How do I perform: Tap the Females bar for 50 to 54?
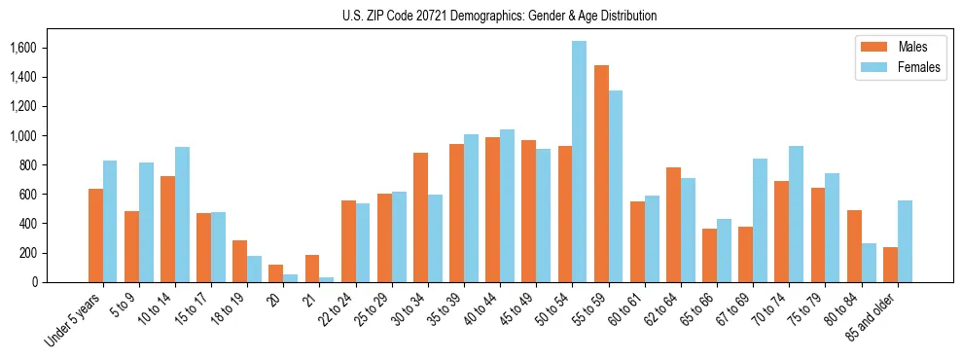[x=579, y=162]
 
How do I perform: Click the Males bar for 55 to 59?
[x=601, y=174]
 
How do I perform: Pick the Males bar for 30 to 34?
[x=420, y=218]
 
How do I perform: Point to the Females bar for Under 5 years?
[x=110, y=222]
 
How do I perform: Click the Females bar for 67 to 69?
[x=760, y=221]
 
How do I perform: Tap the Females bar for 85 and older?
[x=905, y=241]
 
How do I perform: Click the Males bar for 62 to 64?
[x=673, y=225]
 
